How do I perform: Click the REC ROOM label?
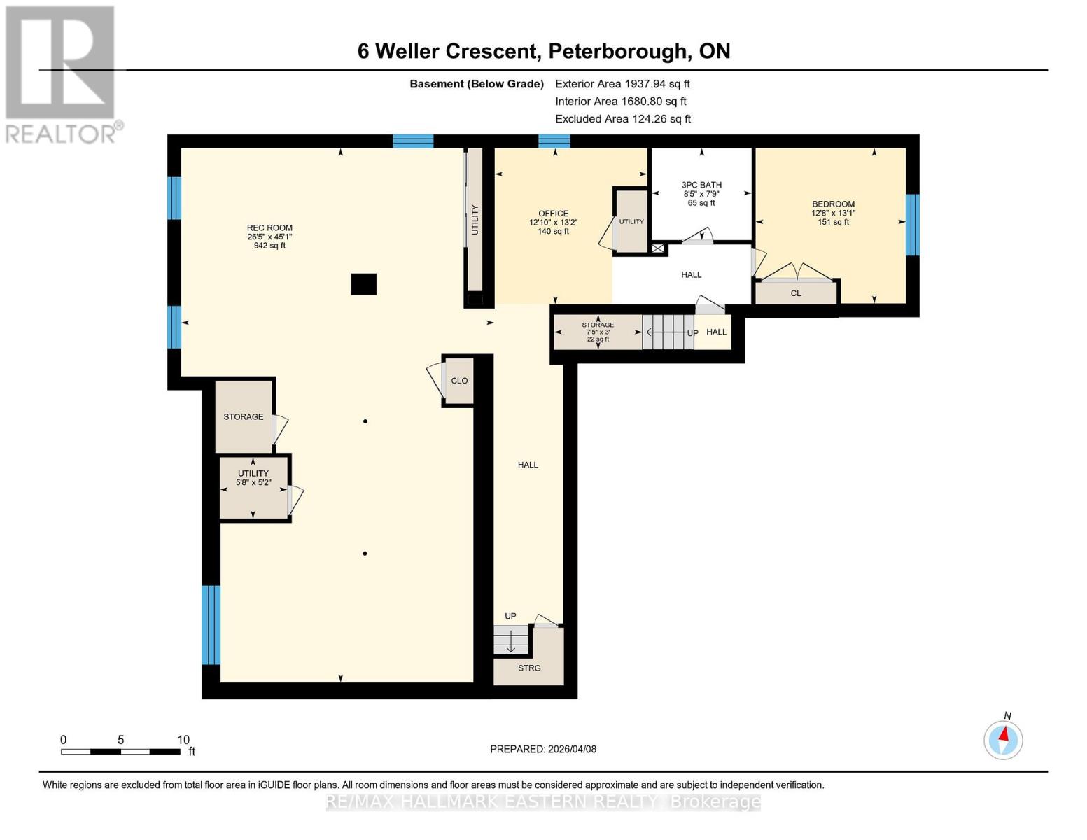pyautogui.click(x=269, y=228)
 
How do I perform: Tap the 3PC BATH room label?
pyautogui.click(x=701, y=185)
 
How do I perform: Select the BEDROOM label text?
pyautogui.click(x=833, y=204)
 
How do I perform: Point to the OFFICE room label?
pyautogui.click(x=553, y=213)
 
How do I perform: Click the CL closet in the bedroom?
pyautogui.click(x=796, y=293)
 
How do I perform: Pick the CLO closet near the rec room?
pyautogui.click(x=459, y=381)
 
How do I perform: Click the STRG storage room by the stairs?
pyautogui.click(x=529, y=668)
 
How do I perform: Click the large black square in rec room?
pyautogui.click(x=363, y=284)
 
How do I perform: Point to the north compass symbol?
pyautogui.click(x=1003, y=739)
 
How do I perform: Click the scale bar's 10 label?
pyautogui.click(x=183, y=740)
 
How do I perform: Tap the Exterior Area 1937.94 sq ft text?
pyautogui.click(x=622, y=84)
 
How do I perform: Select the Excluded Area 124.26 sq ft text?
pyautogui.click(x=623, y=119)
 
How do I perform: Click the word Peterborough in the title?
pyautogui.click(x=617, y=51)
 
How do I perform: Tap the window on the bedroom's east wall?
pyautogui.click(x=912, y=225)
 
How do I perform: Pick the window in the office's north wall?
pyautogui.click(x=554, y=141)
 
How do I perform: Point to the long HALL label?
pyautogui.click(x=528, y=465)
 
